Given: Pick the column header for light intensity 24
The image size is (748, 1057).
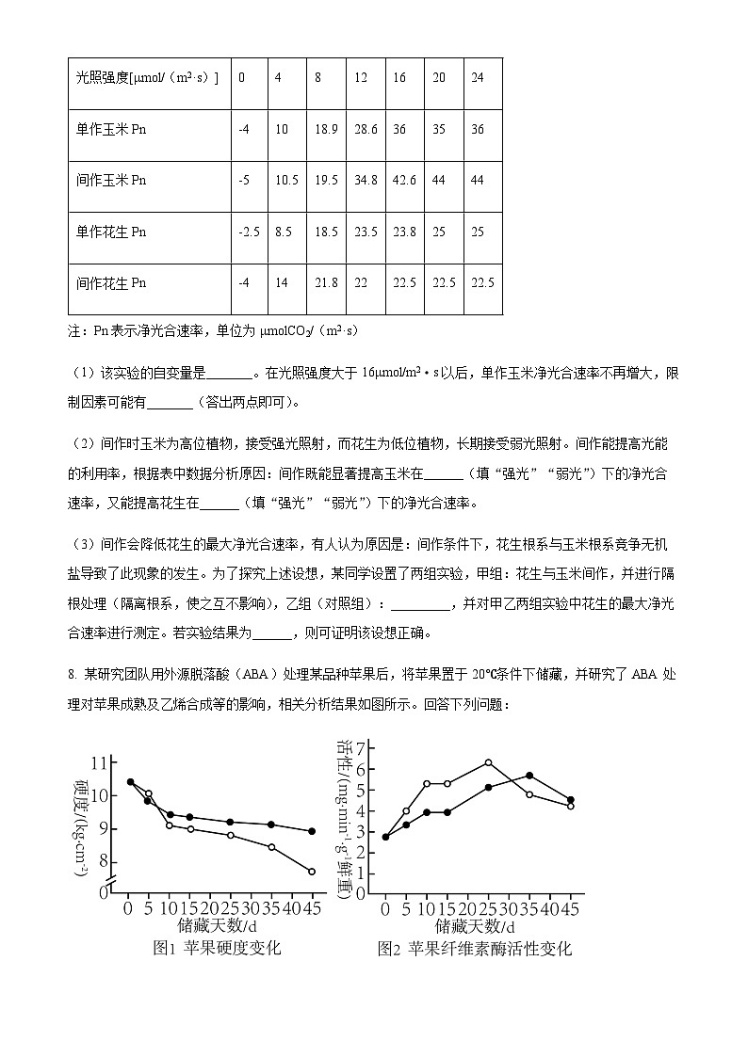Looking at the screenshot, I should point(477,77).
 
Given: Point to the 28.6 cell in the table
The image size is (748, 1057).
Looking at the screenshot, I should point(366,129).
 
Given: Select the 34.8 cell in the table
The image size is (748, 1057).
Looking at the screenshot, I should point(366,180).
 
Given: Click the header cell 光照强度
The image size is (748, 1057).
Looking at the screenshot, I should point(147,77).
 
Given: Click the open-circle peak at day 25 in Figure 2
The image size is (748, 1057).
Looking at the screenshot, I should point(488,762).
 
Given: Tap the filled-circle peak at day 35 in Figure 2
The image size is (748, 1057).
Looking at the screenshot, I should point(529,776).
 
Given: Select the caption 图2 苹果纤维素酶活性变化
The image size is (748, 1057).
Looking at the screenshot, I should point(474,948).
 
